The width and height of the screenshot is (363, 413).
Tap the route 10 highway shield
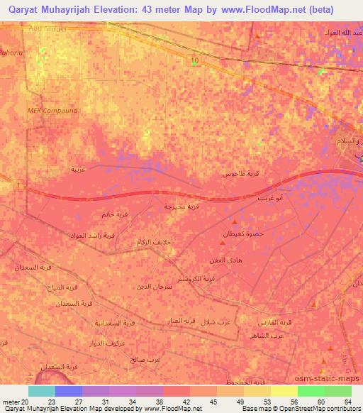click(x=193, y=61)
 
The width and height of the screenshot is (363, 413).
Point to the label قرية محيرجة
click(x=173, y=206)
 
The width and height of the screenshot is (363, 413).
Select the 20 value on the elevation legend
click(x=26, y=402)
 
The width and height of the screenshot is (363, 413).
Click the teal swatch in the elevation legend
click(x=42, y=391)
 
